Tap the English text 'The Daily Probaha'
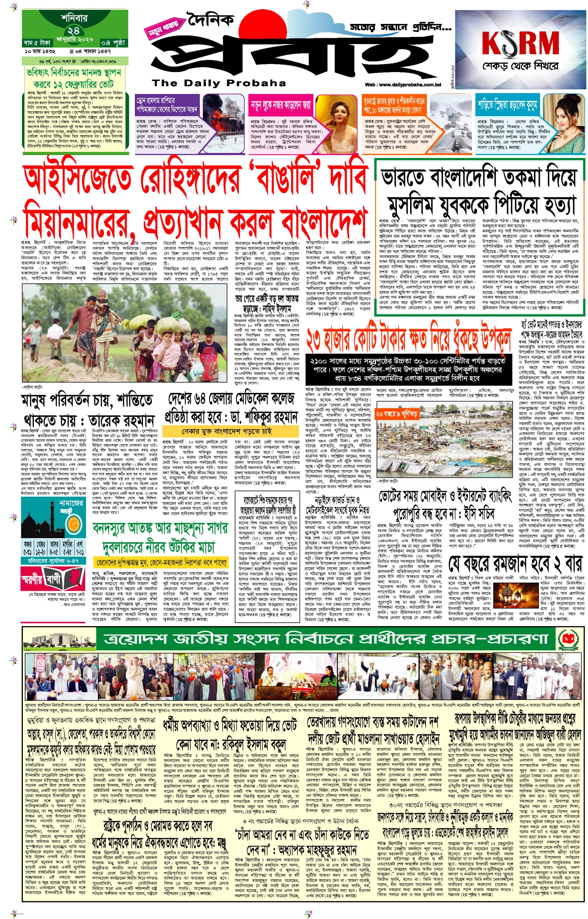pyautogui.click(x=219, y=83)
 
